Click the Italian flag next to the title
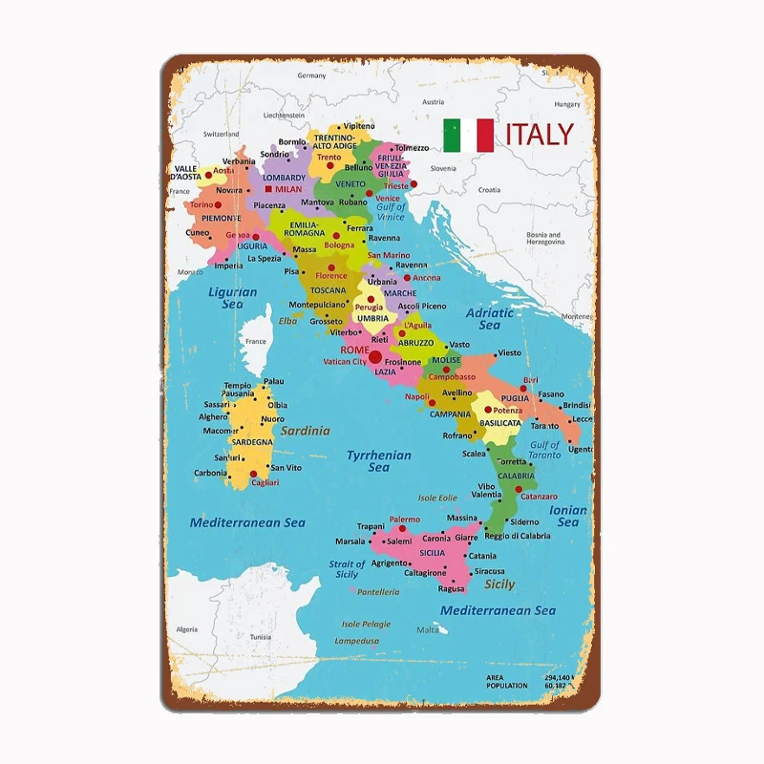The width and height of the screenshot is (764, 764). pyautogui.click(x=468, y=135)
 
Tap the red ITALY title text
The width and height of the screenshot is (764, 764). pyautogui.click(x=540, y=134)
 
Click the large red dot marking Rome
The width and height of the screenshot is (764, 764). pyautogui.click(x=374, y=357)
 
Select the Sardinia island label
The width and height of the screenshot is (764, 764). pyautogui.click(x=305, y=430)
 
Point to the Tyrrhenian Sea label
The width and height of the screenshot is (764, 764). pyautogui.click(x=378, y=461)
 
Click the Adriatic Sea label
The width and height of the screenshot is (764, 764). pyautogui.click(x=489, y=319)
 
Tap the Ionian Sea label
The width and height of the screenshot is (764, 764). pyautogui.click(x=568, y=516)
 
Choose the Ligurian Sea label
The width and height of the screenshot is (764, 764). pyautogui.click(x=232, y=298)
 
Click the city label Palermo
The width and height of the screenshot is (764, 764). pyautogui.click(x=404, y=520)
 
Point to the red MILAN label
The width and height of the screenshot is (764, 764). pyautogui.click(x=287, y=189)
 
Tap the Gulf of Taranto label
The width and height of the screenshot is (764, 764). pyautogui.click(x=544, y=450)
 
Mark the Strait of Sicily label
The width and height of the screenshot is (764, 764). pyautogui.click(x=347, y=569)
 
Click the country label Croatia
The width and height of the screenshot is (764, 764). pyautogui.click(x=489, y=189)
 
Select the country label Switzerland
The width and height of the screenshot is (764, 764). pyautogui.click(x=222, y=135)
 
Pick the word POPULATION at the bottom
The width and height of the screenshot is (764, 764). pyautogui.click(x=506, y=686)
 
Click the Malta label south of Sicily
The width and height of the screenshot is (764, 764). pyautogui.click(x=428, y=629)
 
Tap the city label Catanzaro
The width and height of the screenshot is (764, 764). pyautogui.click(x=539, y=497)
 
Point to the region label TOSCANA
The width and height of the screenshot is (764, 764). pyautogui.click(x=328, y=290)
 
